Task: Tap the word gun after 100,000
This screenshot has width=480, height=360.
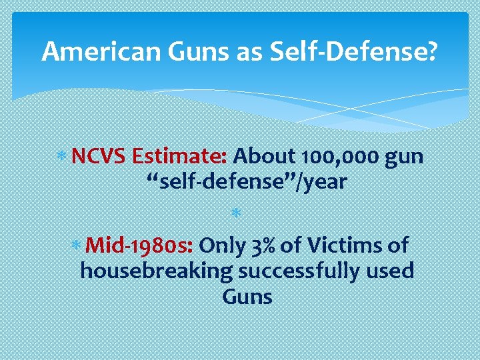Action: [404, 158]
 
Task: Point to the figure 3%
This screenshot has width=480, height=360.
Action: [264, 246]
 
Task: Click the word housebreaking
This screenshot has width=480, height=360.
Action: [157, 271]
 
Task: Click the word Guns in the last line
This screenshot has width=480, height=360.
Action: [247, 296]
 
